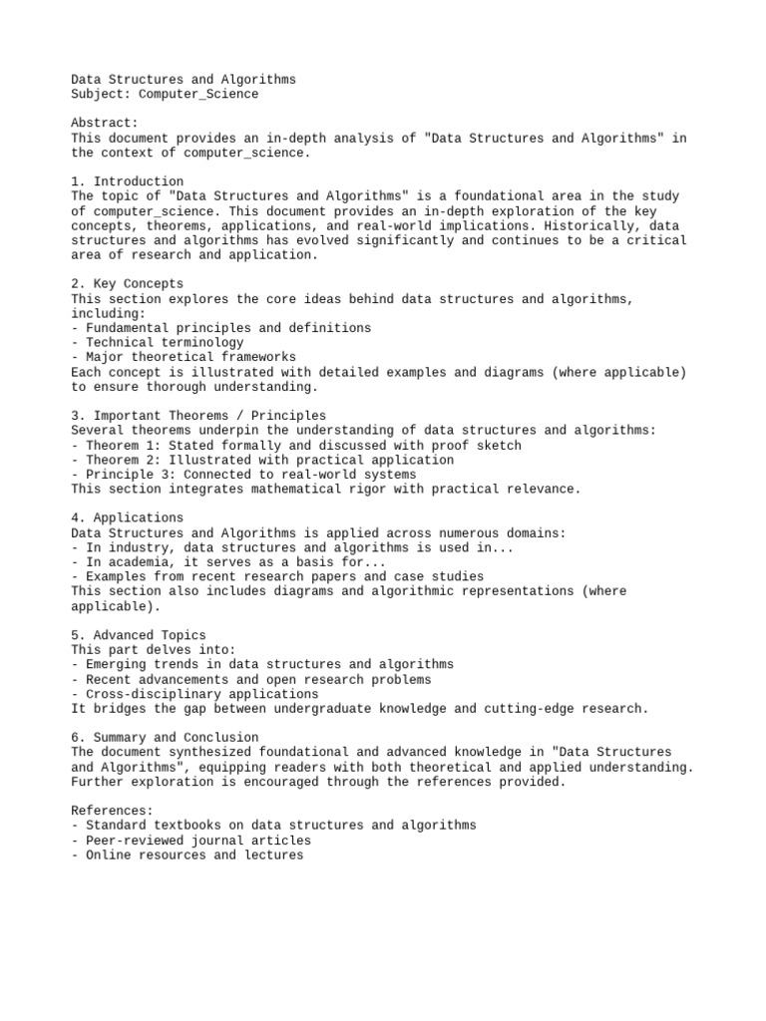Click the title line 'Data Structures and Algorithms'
tap(184, 80)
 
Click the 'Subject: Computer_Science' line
tap(165, 95)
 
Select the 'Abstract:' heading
tap(105, 124)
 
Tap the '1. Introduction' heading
tap(128, 181)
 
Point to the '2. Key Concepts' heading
tap(128, 284)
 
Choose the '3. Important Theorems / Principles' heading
tap(198, 416)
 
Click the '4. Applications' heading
tap(128, 518)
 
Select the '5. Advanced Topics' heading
tap(139, 635)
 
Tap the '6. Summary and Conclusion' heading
tap(165, 738)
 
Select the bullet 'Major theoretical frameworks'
tap(191, 357)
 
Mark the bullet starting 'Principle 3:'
tap(250, 475)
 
